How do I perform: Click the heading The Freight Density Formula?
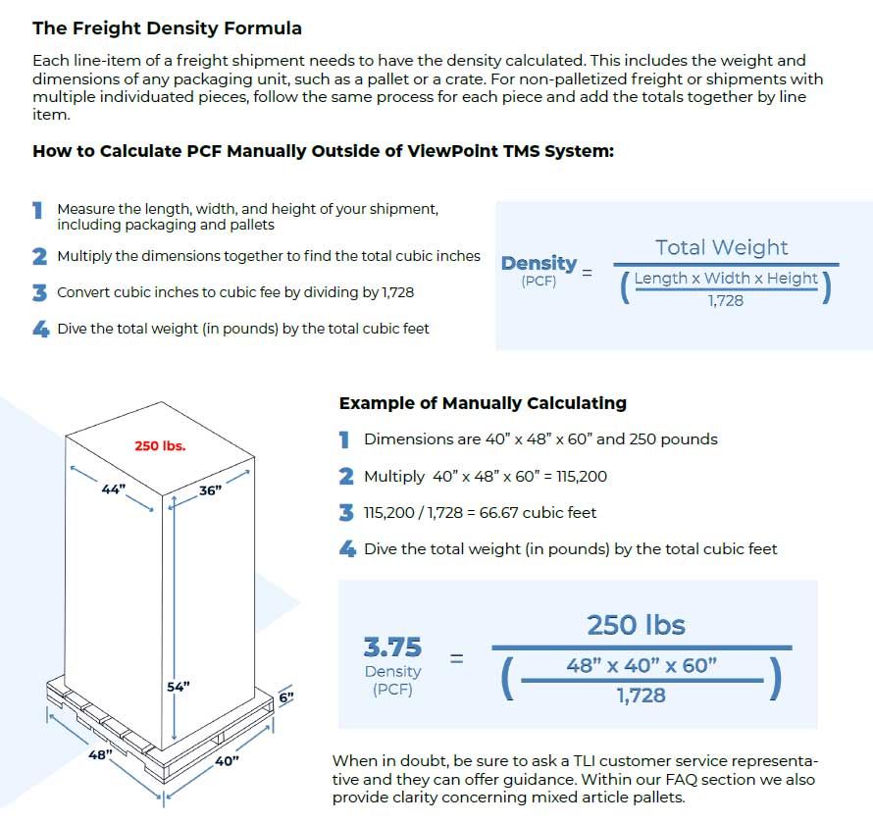[167, 28]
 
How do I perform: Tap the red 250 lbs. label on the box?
[160, 445]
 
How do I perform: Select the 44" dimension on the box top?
[114, 489]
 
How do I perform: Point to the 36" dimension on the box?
[211, 490]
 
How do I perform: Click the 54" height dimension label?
[178, 687]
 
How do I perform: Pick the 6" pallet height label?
[285, 697]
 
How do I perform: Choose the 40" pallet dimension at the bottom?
[227, 760]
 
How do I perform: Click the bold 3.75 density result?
[392, 647]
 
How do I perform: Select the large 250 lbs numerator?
[636, 625]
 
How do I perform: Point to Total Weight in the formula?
[722, 247]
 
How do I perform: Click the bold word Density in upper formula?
[539, 263]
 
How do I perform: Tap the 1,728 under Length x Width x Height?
[726, 300]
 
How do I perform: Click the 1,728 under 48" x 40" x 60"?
[642, 695]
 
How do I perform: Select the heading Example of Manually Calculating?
[483, 403]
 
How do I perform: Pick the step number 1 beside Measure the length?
[38, 210]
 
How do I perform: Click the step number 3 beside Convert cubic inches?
[39, 292]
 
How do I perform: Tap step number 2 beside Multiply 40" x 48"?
[345, 477]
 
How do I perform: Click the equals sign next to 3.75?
[456, 658]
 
